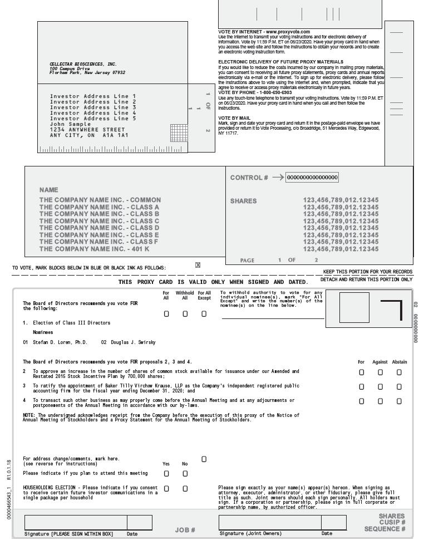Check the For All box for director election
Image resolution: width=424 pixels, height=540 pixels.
coord(166,314)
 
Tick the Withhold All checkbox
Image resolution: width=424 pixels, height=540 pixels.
coord(185,314)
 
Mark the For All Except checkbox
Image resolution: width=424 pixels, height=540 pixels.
coord(204,314)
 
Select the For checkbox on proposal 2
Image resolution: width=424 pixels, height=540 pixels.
coord(362,372)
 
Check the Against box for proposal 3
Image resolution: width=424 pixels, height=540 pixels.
coord(380,386)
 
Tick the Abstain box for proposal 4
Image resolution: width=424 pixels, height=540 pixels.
coord(399,401)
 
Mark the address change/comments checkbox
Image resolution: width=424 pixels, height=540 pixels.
coord(204,459)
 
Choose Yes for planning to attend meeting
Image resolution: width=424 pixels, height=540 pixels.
coord(166,474)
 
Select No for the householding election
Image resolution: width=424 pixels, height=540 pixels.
coord(185,488)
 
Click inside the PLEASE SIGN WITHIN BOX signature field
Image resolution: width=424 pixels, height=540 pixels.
coord(76,522)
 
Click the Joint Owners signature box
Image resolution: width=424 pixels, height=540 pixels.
coord(270,522)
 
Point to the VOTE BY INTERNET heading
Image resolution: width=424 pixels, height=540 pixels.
coord(264,32)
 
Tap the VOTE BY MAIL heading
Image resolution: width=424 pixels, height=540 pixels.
coord(234,118)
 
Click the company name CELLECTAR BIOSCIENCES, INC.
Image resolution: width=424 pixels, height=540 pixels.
coord(83,64)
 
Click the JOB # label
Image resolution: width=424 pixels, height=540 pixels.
coord(185,530)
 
